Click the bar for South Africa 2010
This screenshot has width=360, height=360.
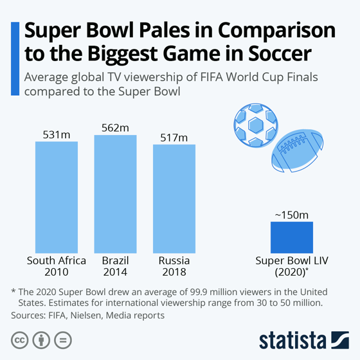pos(56,197)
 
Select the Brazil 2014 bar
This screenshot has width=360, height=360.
pos(115,194)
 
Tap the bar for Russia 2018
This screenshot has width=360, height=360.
pos(174,199)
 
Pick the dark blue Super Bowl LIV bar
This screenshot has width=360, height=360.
pos(291,237)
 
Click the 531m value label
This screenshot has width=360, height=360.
pos(56,134)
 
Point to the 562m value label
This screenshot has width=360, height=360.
pos(115,128)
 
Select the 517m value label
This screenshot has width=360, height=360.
pos(174,138)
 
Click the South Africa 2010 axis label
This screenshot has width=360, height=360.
pos(56,267)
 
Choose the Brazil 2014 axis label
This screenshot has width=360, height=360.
pos(115,267)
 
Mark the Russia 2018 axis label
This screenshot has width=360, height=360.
pos(174,267)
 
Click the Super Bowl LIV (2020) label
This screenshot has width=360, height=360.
pos(291,267)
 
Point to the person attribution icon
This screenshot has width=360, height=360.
pos(41,339)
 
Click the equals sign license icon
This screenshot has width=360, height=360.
pos(62,339)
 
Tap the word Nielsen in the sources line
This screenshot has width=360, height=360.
pos(81,315)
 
